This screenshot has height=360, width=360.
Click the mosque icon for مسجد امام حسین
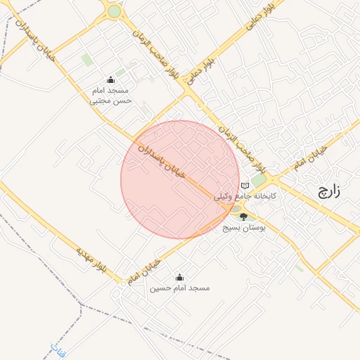179,276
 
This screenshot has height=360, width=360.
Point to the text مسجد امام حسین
179,288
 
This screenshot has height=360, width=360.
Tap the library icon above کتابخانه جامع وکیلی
245,186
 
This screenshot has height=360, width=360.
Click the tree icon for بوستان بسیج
244,216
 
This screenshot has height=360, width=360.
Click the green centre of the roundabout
114,11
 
